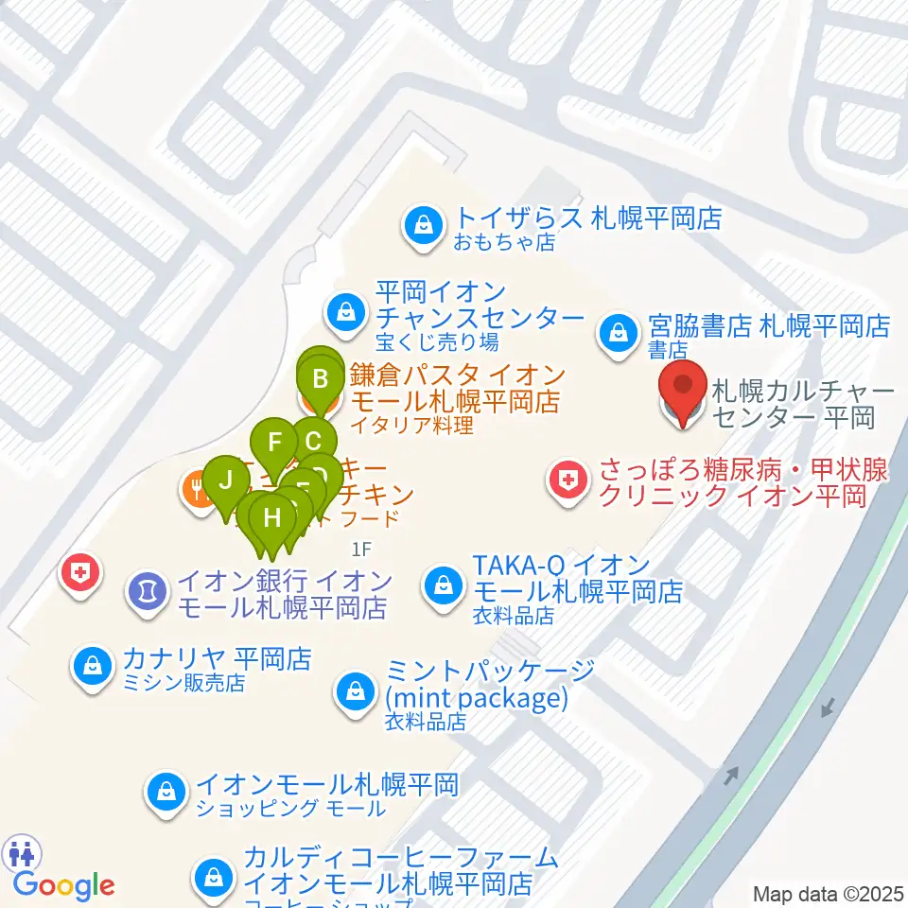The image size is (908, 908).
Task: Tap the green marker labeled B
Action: tap(321, 380)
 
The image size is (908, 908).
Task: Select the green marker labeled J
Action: tap(225, 480)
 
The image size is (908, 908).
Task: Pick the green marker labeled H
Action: tap(272, 518)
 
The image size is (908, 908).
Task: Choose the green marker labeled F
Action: tap(275, 442)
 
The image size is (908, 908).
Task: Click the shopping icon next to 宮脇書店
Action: tap(618, 332)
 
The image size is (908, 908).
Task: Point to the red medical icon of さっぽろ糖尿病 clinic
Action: tap(567, 481)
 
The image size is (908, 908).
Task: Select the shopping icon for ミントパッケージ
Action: tap(355, 689)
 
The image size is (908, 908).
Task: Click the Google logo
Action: tap(64, 886)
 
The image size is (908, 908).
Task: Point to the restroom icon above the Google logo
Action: tap(21, 853)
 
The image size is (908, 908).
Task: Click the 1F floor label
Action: tap(361, 548)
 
